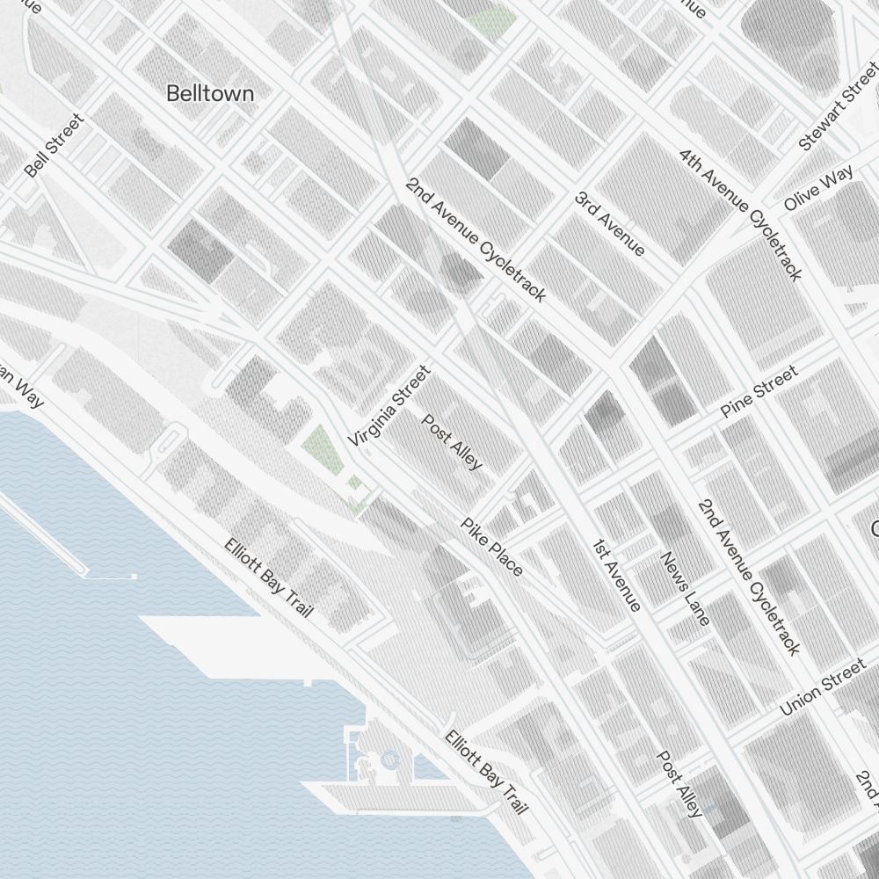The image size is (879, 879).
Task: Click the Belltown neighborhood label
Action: pyautogui.click(x=210, y=93)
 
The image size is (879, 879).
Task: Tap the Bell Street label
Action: pyautogui.click(x=54, y=146)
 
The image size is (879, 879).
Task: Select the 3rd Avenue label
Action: pyautogui.click(x=610, y=223)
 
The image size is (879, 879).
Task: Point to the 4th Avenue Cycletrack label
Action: pyautogui.click(x=740, y=214)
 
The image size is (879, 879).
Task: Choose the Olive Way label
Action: pyautogui.click(x=818, y=189)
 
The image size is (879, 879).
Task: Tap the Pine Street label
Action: pyautogui.click(x=759, y=392)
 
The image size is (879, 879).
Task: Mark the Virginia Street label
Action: pyautogui.click(x=389, y=405)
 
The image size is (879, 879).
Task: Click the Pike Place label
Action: pyautogui.click(x=492, y=547)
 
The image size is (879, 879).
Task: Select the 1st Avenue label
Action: pyautogui.click(x=615, y=574)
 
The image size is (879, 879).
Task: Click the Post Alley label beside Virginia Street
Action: pyautogui.click(x=453, y=441)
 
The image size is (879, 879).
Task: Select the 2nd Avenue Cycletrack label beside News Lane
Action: pyautogui.click(x=749, y=578)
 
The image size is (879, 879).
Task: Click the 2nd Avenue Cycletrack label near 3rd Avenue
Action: pyautogui.click(x=476, y=238)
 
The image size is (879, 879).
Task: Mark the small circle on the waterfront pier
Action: pyautogui.click(x=389, y=759)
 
